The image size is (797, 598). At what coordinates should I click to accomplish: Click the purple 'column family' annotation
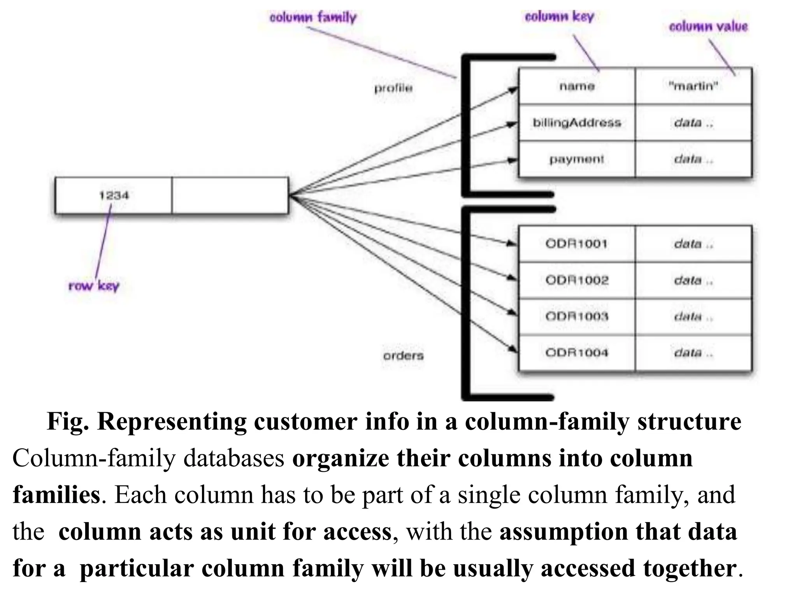click(313, 18)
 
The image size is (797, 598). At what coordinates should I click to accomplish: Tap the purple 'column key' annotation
click(559, 16)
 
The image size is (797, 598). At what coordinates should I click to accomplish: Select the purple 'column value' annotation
click(708, 26)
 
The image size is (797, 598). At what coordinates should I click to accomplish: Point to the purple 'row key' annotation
click(94, 286)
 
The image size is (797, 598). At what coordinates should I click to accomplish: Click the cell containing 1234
click(113, 195)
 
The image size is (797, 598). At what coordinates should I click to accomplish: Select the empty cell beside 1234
click(230, 195)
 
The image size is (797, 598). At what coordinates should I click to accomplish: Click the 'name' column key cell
click(577, 86)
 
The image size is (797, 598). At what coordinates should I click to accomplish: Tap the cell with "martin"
click(693, 86)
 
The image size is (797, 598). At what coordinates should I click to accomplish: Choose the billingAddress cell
click(577, 123)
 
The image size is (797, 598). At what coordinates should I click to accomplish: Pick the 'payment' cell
click(577, 159)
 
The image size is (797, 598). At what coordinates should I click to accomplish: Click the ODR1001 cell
click(577, 244)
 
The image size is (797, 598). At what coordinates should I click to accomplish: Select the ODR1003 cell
click(577, 317)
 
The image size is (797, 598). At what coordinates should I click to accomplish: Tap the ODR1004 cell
click(577, 353)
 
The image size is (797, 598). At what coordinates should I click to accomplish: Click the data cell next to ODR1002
click(693, 280)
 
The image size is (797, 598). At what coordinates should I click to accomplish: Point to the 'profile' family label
click(393, 88)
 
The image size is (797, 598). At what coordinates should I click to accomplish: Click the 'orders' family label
click(403, 356)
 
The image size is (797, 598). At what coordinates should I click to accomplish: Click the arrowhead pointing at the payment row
click(513, 160)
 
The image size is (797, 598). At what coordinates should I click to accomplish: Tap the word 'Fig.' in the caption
click(67, 422)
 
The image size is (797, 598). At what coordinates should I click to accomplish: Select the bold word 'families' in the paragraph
click(57, 495)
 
